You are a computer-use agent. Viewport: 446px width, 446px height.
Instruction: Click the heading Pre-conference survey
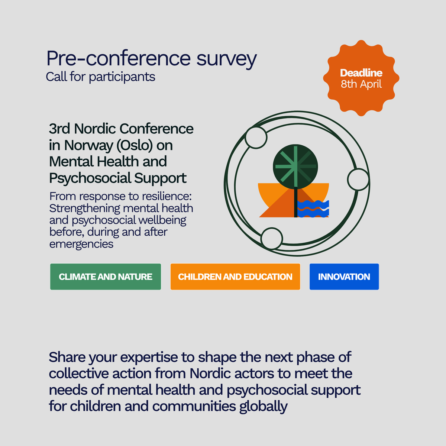coord(151,58)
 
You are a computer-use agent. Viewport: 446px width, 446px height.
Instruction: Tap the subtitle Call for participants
coord(100,77)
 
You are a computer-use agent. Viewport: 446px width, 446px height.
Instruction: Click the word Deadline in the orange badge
coord(361,73)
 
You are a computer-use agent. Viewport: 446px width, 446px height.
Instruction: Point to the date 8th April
coord(361,84)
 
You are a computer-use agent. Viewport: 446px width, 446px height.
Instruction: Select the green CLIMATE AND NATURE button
coord(106,277)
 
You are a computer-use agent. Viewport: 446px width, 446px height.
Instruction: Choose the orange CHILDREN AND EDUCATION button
coord(235,277)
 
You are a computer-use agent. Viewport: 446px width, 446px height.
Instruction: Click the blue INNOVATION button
coord(344,277)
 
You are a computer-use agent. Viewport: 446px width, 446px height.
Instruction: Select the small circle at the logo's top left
coord(256,137)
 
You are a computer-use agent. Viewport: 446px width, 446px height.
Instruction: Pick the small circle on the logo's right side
coord(358,180)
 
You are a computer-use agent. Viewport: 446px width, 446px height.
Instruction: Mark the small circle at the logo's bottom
coord(272,238)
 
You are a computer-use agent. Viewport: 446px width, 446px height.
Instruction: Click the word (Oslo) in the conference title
coord(135,145)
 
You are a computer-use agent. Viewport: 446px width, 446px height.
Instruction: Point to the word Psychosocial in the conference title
coord(90,178)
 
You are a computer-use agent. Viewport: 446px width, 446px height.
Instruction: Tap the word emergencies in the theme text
coord(81,244)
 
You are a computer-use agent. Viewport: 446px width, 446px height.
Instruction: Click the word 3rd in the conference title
coord(59,129)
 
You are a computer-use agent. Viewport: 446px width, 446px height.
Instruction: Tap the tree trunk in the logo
coord(295,203)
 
